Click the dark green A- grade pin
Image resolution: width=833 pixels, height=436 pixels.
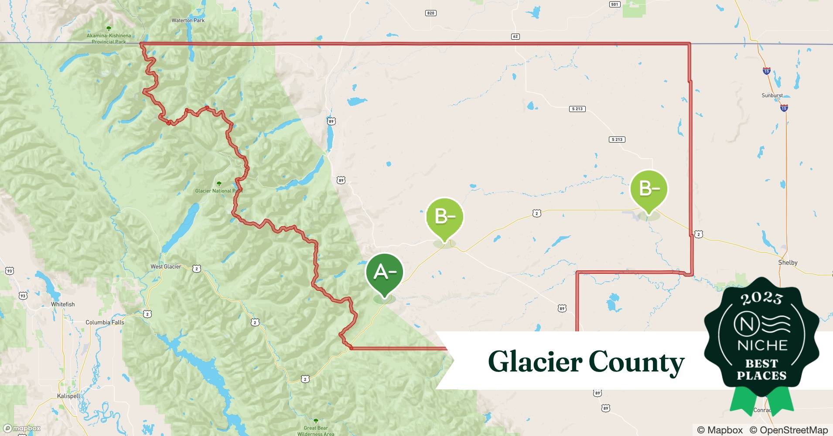click(385, 272)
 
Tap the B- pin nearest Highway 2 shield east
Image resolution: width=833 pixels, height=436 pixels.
click(649, 189)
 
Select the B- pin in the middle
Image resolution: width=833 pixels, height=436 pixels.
click(444, 217)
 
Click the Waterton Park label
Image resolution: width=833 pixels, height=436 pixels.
click(188, 20)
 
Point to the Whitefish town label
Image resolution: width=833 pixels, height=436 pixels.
click(63, 304)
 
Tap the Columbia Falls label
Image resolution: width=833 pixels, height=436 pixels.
click(105, 323)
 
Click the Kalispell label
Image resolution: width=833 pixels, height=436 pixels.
click(68, 396)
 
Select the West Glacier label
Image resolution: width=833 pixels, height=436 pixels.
click(166, 266)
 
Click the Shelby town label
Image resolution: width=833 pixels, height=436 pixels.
click(788, 262)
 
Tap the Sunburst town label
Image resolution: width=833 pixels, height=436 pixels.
click(772, 95)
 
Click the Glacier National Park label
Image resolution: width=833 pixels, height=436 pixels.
click(218, 191)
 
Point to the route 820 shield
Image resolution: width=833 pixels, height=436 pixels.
click(430, 13)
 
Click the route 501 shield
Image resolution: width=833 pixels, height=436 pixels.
click(615, 4)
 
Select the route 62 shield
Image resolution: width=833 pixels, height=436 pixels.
click(516, 36)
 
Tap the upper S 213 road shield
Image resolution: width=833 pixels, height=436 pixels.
click(577, 109)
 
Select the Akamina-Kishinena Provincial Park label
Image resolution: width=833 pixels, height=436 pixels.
click(109, 38)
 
